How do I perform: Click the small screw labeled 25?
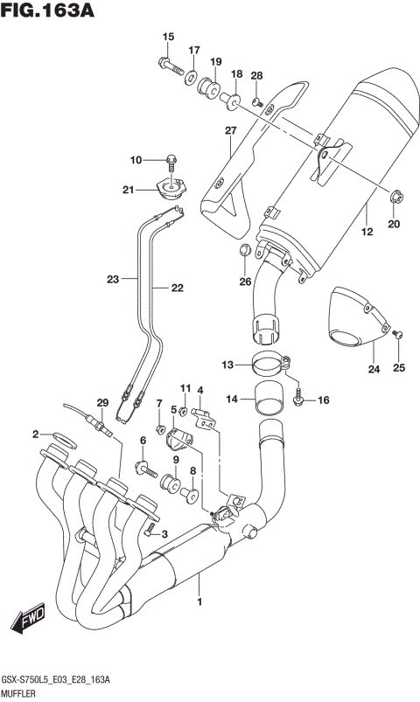[x=398, y=335]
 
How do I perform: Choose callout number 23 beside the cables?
[x=112, y=280]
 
